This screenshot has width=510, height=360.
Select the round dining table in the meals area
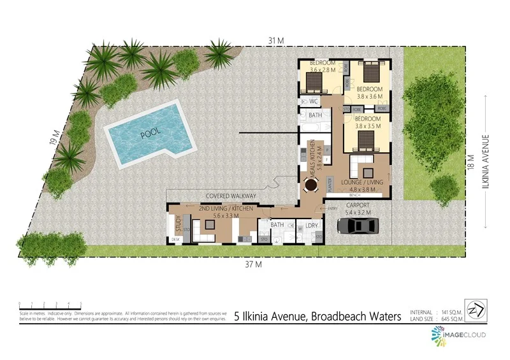click(x=310, y=185)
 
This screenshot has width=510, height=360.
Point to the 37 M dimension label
click(x=254, y=263)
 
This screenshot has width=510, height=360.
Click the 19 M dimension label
click(x=55, y=137)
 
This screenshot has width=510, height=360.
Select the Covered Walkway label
click(x=231, y=196)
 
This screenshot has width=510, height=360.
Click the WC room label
click(x=313, y=101)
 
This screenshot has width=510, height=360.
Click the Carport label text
click(x=357, y=205)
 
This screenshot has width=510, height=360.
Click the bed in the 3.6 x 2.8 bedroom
click(x=315, y=82)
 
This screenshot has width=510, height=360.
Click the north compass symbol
click(x=472, y=307)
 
